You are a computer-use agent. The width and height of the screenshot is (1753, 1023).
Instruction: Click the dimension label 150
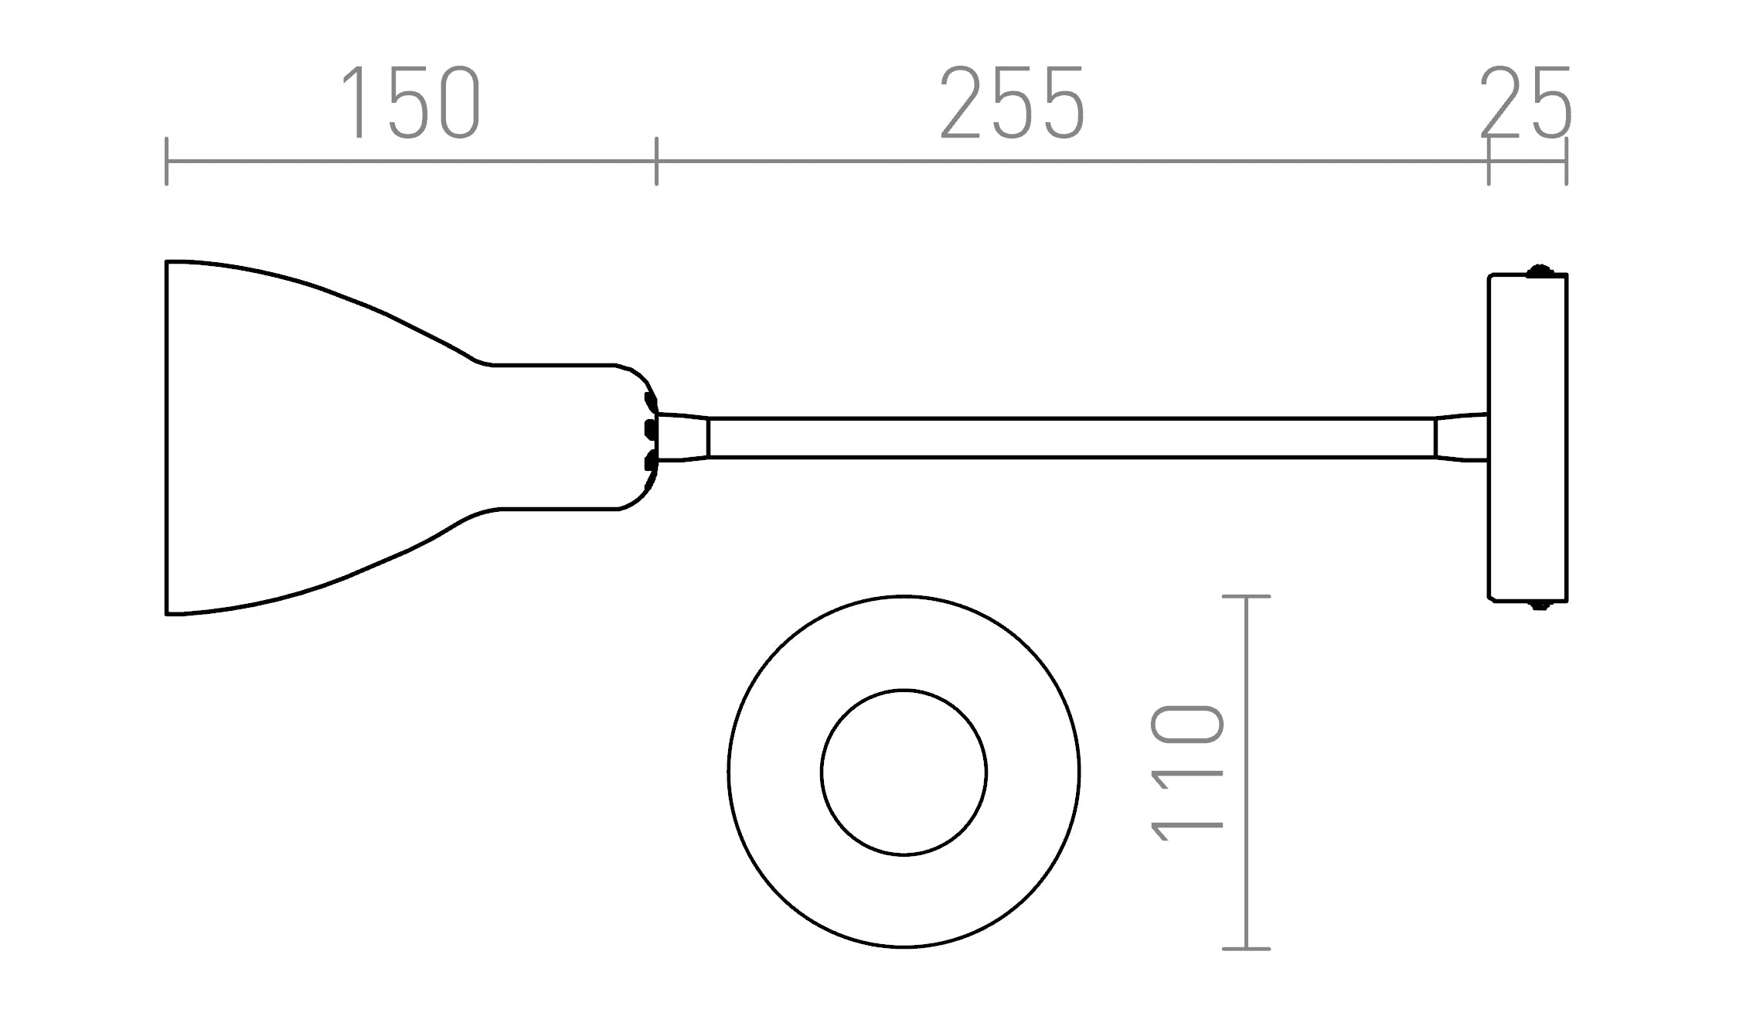pyautogui.click(x=410, y=103)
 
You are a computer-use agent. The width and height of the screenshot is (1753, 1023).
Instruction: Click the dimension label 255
pyautogui.click(x=1013, y=103)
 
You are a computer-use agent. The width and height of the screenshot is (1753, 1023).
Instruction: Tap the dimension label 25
pyautogui.click(x=1526, y=103)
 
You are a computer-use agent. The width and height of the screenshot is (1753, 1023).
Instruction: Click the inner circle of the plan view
pyautogui.click(x=904, y=772)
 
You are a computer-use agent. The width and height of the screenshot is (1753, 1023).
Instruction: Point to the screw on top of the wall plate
pyautogui.click(x=1540, y=271)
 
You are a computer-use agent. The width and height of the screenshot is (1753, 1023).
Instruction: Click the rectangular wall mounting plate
pyautogui.click(x=1528, y=438)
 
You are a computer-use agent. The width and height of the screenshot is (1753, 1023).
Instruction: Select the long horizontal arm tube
pyautogui.click(x=1071, y=438)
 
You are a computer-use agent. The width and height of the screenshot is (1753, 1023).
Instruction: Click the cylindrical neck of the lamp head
pyautogui.click(x=557, y=437)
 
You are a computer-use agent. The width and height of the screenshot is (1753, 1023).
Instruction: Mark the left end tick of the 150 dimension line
pyautogui.click(x=166, y=162)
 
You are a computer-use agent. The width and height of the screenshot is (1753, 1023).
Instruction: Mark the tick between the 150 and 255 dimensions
pyautogui.click(x=656, y=162)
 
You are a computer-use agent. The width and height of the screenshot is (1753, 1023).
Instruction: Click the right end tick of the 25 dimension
pyautogui.click(x=1567, y=162)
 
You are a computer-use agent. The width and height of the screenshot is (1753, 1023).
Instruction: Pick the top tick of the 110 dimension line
pyautogui.click(x=1246, y=596)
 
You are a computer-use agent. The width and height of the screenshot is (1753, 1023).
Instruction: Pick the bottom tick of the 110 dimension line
pyautogui.click(x=1246, y=949)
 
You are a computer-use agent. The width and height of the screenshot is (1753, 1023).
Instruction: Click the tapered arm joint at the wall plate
pyautogui.click(x=1462, y=438)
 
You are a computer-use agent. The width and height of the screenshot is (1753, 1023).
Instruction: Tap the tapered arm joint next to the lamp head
pyautogui.click(x=682, y=438)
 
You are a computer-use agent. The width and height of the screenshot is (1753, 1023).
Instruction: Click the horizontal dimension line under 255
pyautogui.click(x=1071, y=162)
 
